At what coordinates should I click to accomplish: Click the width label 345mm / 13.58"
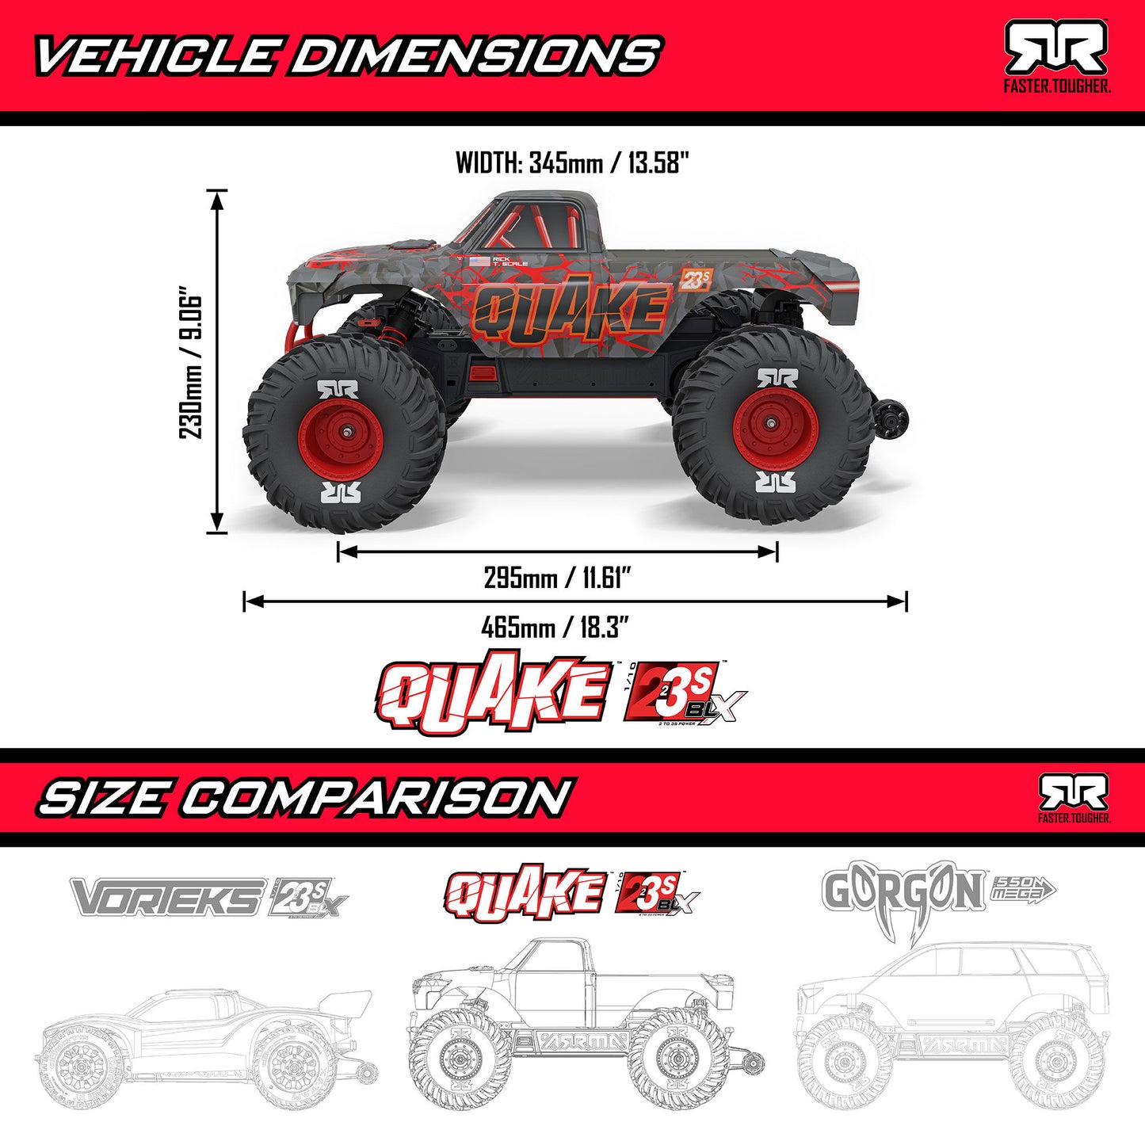point(572,163)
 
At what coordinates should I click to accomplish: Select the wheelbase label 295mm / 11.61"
point(557,578)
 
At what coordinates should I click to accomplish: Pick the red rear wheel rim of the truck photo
point(770,432)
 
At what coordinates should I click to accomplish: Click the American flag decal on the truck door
point(479,261)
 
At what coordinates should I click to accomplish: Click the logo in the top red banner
point(1056,55)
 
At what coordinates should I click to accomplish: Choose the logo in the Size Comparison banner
point(1074,797)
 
